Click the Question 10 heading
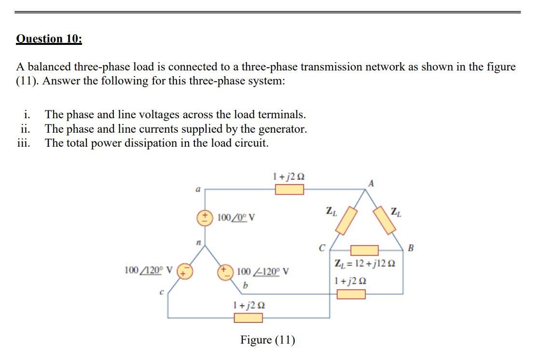[x=49, y=39]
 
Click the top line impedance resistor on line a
[x=290, y=189]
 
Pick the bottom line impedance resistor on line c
[x=248, y=318]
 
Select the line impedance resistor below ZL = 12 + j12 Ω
[x=351, y=293]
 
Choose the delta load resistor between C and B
[x=364, y=250]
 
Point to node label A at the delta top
[x=371, y=183]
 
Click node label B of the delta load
[x=411, y=249]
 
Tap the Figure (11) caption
[x=268, y=340]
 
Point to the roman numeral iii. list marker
[x=24, y=143]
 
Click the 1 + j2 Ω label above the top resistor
[x=289, y=177]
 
